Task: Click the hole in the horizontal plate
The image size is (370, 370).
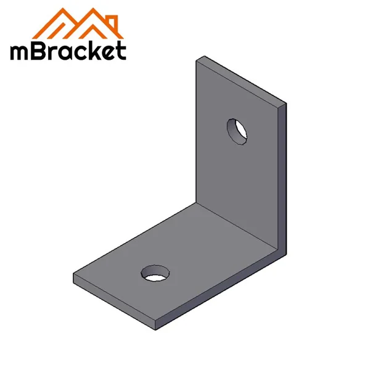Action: pos(155,272)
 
